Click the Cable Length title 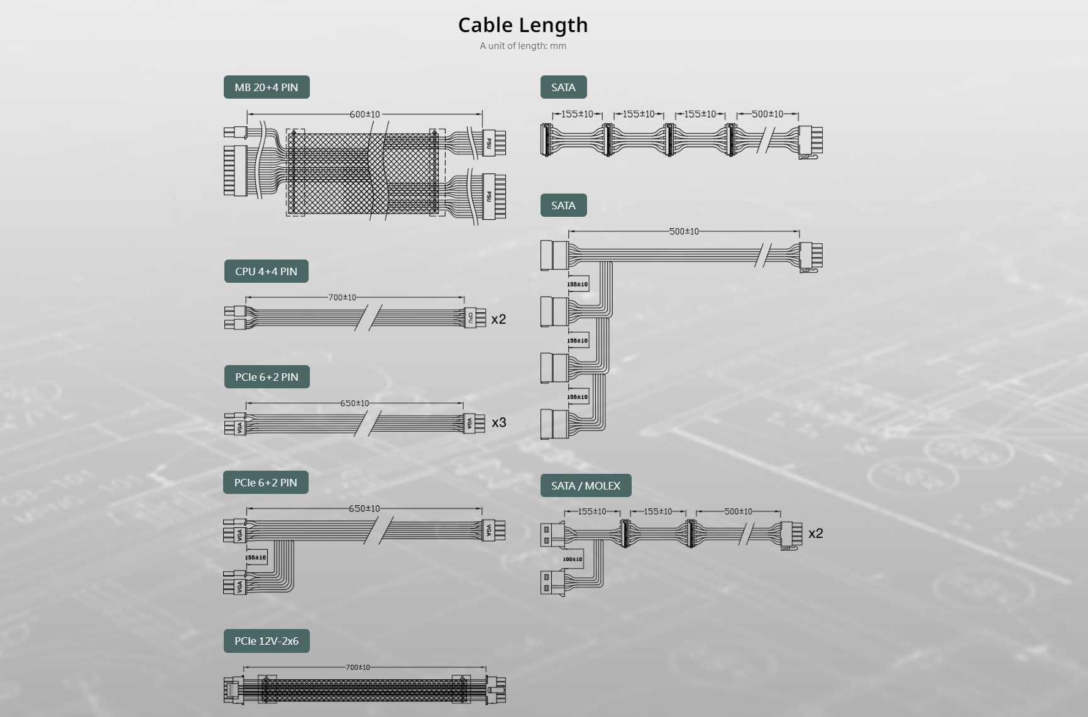coord(523,25)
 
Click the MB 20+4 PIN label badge coord(267,87)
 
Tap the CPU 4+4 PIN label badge coord(266,271)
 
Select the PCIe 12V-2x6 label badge coord(267,641)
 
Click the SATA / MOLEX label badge coord(586,486)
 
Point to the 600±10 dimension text coord(365,114)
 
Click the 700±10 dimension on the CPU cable coord(342,297)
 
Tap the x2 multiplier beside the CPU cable coord(498,319)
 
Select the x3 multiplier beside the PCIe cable coord(498,422)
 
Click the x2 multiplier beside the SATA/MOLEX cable coord(815,534)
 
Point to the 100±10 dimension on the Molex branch coord(572,559)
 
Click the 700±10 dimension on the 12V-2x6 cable coord(358,667)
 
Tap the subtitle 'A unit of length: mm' coord(523,46)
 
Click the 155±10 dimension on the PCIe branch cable coord(255,557)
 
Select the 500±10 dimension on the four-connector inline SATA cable coord(767,114)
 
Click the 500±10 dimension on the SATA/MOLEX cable coord(738,512)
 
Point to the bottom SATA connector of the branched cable coord(554,424)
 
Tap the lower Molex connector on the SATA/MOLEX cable coord(552,583)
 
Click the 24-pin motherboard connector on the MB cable coord(235,170)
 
